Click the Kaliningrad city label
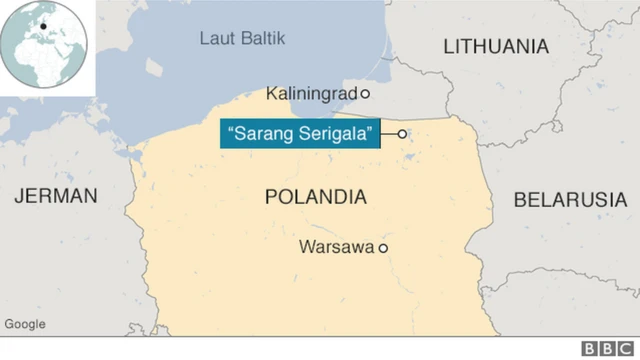pos(312,94)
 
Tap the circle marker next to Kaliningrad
pos(365,94)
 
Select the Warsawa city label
pos(336,247)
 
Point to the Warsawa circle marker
pos(382,248)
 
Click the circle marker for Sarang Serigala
pos(402,134)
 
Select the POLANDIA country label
pos(315,197)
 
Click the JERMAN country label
pos(56,196)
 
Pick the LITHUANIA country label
pos(496,47)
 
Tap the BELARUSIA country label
pos(570,200)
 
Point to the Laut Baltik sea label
pos(242,39)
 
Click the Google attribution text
pos(25,324)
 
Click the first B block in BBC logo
pos(589,348)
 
